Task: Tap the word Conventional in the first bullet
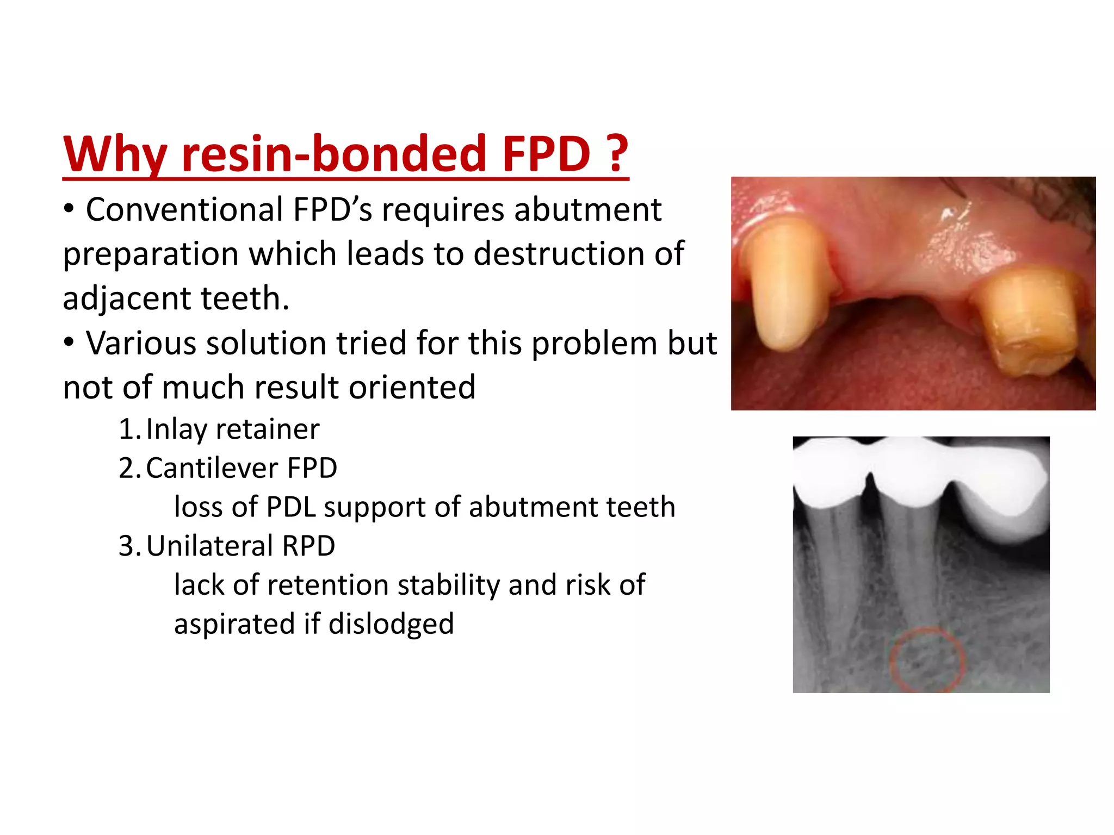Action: pos(184,210)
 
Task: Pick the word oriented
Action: pos(412,387)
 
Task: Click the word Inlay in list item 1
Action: pos(176,429)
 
